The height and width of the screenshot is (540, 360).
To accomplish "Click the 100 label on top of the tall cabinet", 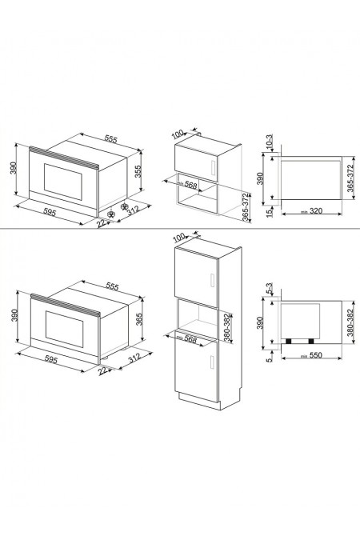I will [178, 238].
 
